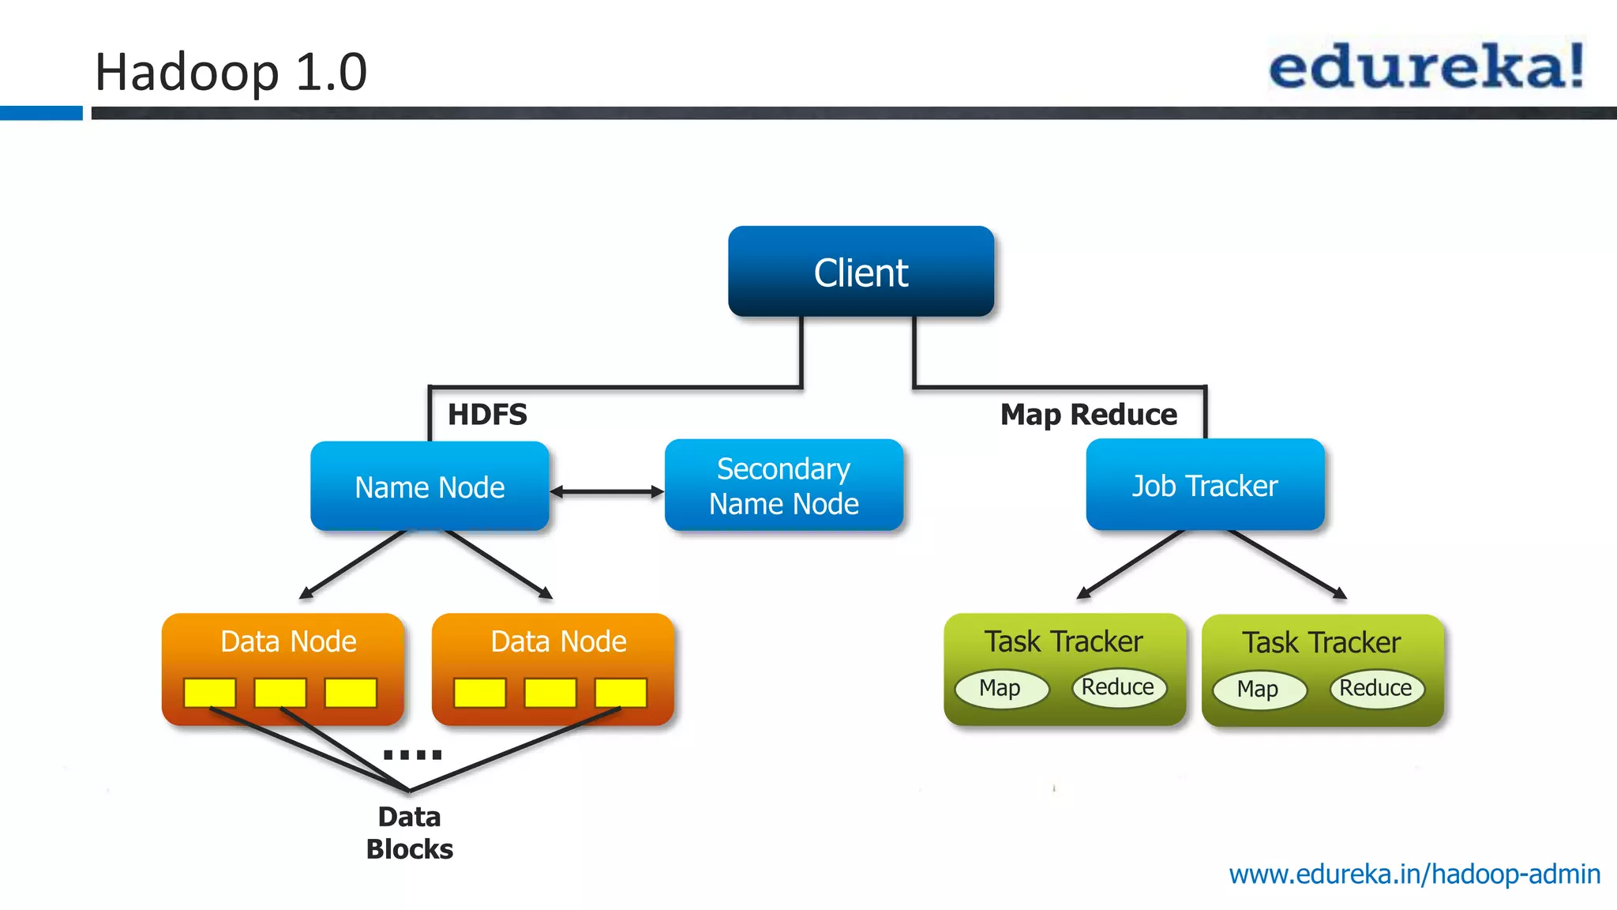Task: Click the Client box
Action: point(861,272)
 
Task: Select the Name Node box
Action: point(430,487)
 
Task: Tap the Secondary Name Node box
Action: point(783,486)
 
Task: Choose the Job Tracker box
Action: point(1205,485)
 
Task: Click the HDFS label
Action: point(487,414)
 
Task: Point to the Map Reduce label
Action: point(1088,414)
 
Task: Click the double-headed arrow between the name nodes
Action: point(606,491)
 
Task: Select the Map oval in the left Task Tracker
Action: point(1000,688)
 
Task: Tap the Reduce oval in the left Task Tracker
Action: point(1118,687)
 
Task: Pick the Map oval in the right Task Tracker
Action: point(1259,689)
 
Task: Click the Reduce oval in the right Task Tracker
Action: point(1376,688)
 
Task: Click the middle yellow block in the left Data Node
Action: point(280,692)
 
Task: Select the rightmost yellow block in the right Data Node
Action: point(621,692)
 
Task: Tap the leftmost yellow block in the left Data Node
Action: point(209,692)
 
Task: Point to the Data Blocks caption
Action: point(409,833)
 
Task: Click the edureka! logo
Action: point(1426,66)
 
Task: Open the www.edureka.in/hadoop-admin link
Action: point(1414,874)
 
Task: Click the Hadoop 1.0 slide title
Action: point(231,72)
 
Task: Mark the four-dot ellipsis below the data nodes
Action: point(412,754)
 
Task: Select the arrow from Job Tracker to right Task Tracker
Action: point(1287,563)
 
